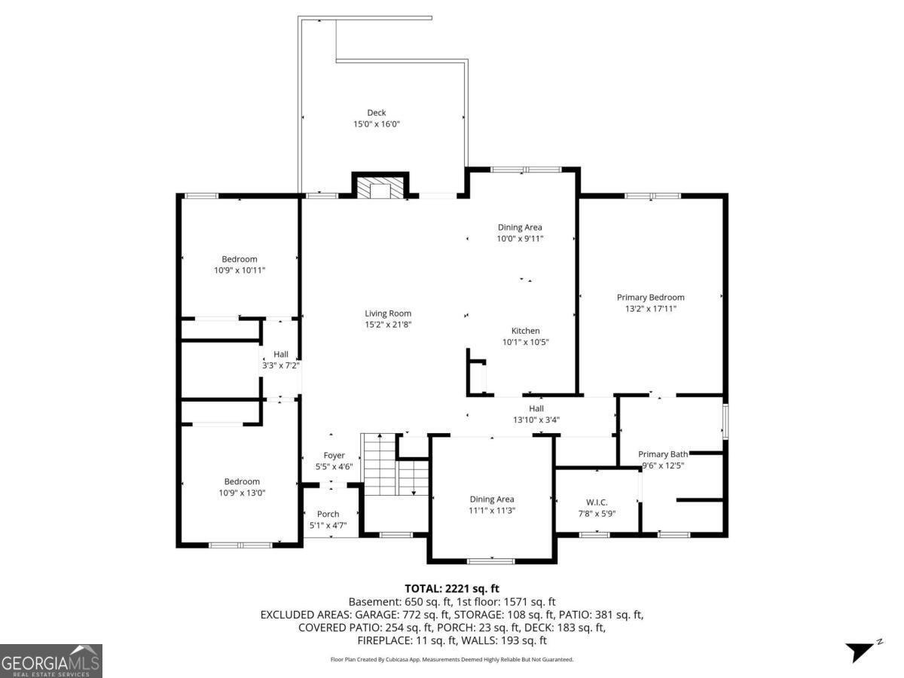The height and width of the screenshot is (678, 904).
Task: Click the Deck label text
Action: coord(377,113)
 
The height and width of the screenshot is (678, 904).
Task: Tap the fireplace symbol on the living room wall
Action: coord(380,188)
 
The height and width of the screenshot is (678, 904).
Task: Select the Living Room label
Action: coord(388,313)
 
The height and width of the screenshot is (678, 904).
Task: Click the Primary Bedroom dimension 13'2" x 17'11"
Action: coord(651,308)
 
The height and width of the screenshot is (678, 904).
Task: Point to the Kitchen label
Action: coord(525,331)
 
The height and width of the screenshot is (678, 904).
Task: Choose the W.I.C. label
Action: coord(597,502)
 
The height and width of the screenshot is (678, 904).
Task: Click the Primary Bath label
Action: coord(663,454)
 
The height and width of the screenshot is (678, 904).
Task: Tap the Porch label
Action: coord(328,515)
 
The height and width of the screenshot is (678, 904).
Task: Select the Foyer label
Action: coord(334,456)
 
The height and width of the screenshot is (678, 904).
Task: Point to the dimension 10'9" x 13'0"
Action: coord(241,493)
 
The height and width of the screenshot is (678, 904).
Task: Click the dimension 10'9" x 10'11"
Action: coord(240,270)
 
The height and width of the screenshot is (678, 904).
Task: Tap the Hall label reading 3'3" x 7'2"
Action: coord(280,359)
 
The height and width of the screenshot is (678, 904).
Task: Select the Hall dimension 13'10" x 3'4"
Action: coord(536,420)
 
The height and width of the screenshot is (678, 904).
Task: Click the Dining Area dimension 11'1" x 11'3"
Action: coord(492,510)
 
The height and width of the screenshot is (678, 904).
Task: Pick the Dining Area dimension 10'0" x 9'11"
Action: coord(520,238)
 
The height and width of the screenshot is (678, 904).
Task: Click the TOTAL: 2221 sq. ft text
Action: coord(452,588)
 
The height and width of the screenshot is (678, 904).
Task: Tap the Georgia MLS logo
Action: coord(50,661)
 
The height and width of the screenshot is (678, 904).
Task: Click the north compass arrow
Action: coord(861,651)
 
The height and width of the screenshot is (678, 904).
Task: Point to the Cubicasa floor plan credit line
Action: coord(452,659)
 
